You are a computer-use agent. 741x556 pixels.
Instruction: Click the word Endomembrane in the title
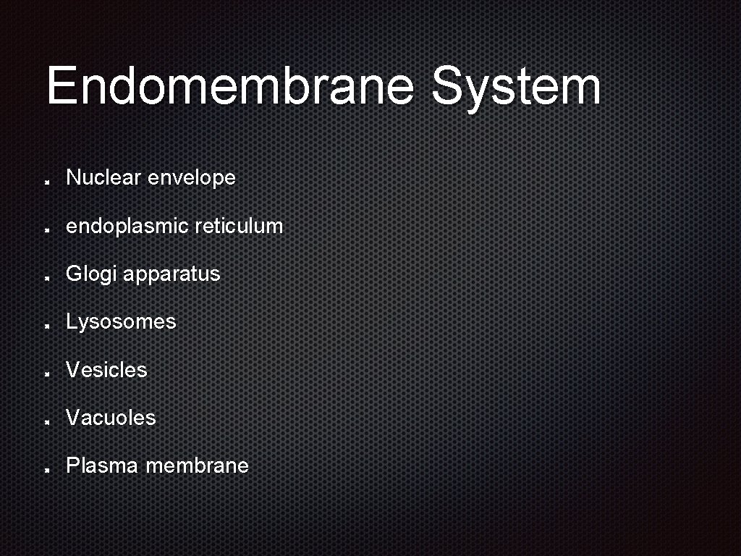[x=230, y=86]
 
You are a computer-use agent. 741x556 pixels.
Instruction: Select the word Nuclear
[x=103, y=177]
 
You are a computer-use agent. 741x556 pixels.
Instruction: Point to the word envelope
[x=191, y=178]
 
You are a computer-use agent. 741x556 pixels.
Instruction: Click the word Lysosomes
[x=121, y=322]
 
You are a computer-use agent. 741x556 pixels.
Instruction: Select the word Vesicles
[x=106, y=370]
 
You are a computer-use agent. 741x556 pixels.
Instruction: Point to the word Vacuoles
[x=111, y=418]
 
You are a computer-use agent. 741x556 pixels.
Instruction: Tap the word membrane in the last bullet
[x=197, y=466]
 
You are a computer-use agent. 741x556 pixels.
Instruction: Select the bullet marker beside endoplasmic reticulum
[x=46, y=229]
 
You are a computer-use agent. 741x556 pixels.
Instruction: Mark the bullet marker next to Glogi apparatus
[x=46, y=277]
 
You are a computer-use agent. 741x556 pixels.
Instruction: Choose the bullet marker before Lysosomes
[x=46, y=325]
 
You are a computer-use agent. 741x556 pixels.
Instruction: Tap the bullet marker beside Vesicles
[x=46, y=373]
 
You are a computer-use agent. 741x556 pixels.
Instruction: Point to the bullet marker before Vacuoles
[x=46, y=421]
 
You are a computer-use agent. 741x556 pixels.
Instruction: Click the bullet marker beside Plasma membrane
[x=46, y=468]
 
